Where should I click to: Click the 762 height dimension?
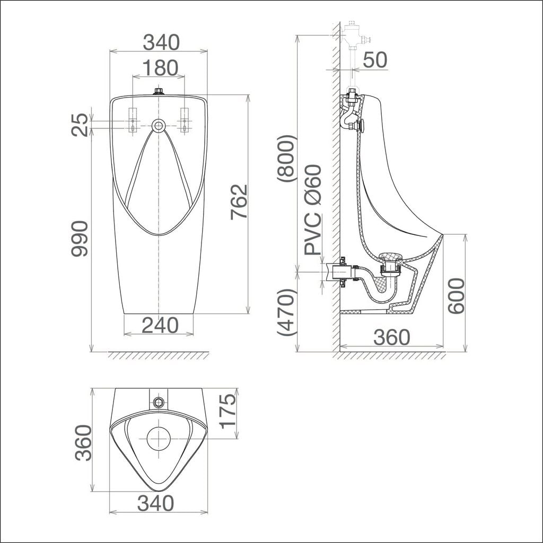(239, 202)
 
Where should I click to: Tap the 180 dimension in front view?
(158, 67)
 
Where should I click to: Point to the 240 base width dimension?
(160, 325)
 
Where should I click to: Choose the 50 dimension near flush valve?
(375, 60)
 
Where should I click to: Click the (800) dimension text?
(287, 159)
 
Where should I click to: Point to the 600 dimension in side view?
(456, 295)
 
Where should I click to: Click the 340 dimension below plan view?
(155, 503)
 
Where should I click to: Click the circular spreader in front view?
(158, 126)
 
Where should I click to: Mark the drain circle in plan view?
(158, 439)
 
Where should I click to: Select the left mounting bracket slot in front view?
(133, 120)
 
